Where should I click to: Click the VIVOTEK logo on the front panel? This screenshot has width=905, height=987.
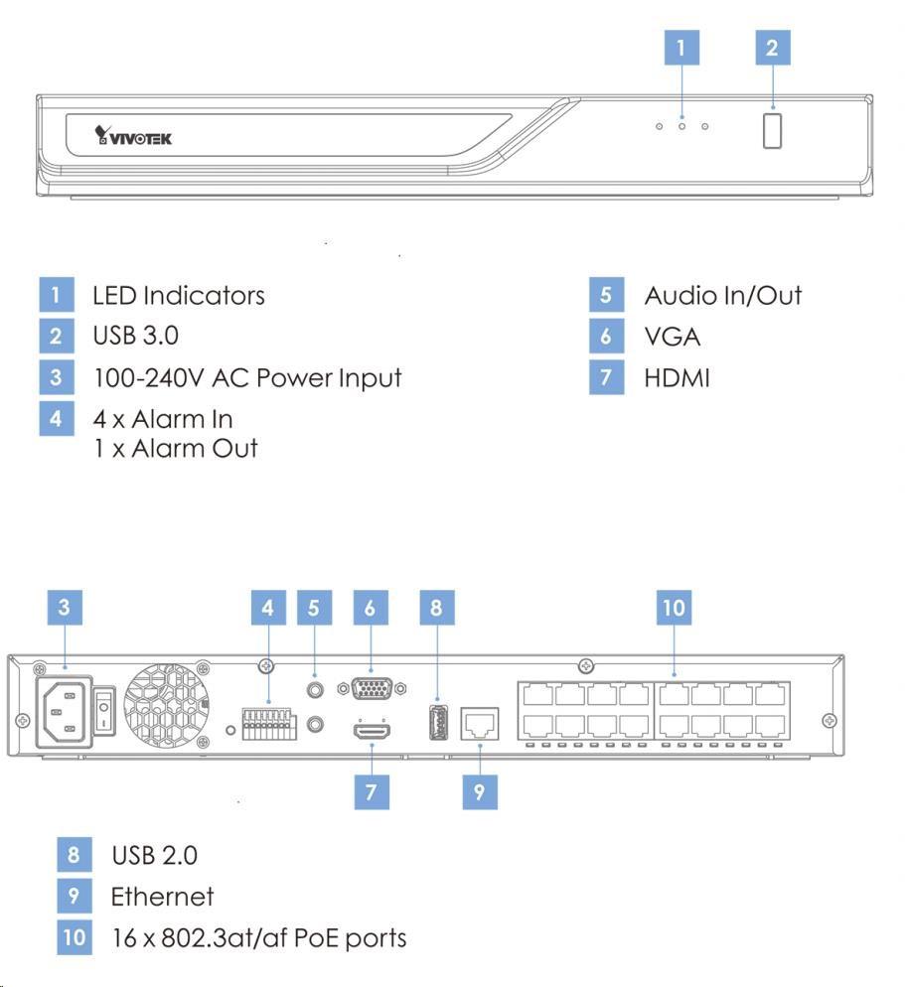(x=133, y=136)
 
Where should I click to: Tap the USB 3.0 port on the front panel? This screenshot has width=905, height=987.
(x=773, y=131)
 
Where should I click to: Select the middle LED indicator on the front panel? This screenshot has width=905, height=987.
(x=681, y=127)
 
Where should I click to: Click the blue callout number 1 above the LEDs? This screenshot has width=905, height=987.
(x=681, y=48)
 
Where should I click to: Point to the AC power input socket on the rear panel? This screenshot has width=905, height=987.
(x=63, y=711)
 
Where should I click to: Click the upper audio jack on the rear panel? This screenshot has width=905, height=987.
(x=316, y=687)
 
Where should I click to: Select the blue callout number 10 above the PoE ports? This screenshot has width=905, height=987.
(x=675, y=608)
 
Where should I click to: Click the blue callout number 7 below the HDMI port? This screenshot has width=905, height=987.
(x=371, y=791)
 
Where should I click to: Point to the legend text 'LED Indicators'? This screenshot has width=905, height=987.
(x=179, y=295)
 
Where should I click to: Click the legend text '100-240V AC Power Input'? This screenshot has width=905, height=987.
(x=247, y=377)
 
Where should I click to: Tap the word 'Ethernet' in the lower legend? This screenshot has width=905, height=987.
(x=162, y=897)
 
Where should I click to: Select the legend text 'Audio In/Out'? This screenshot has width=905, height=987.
(x=722, y=295)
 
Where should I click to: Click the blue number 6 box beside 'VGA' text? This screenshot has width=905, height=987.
(x=606, y=337)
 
